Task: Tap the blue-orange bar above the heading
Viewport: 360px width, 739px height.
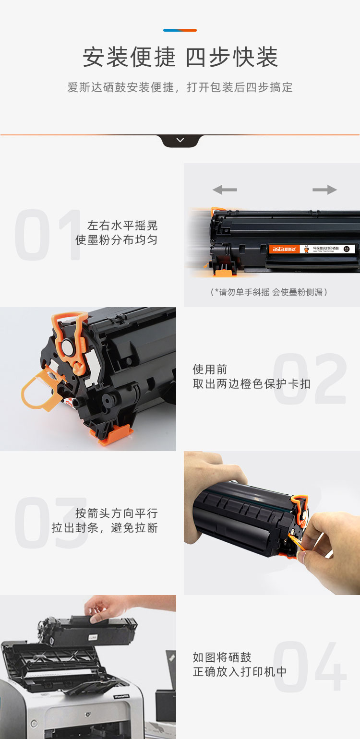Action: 180,30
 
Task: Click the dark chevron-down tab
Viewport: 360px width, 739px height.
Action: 180,141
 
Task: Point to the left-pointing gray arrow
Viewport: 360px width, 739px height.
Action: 225,190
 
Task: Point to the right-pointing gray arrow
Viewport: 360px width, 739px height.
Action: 324,190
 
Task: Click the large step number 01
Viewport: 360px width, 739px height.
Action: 48,235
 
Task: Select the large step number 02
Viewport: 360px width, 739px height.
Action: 310,379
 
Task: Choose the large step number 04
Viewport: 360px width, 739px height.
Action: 310,667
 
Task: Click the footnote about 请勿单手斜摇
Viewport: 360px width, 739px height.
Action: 269,292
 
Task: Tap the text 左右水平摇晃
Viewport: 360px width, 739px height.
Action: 122,226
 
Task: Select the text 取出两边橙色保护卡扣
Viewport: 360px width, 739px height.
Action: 252,384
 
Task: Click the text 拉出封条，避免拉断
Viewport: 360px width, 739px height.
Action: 105,528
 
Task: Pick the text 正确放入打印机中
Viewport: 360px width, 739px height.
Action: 240,672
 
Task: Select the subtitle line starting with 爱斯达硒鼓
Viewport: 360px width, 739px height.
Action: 180,87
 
